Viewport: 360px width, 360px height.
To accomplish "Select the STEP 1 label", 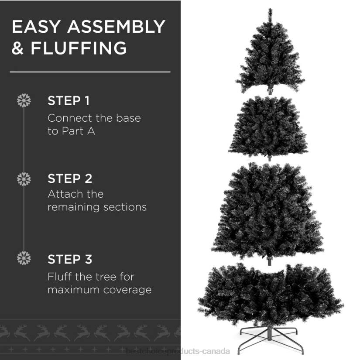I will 69,101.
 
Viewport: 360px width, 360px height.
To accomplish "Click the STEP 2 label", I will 70,178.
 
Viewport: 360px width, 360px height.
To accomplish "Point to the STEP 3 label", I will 70,259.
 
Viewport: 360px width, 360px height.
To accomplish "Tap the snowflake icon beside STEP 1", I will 24,100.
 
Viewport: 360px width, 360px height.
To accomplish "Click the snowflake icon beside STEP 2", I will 24,178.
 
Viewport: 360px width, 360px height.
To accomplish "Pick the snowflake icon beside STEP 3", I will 24,258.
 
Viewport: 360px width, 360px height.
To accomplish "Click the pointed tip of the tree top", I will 270,10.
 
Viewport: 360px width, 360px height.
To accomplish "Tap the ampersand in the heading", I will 18,48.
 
